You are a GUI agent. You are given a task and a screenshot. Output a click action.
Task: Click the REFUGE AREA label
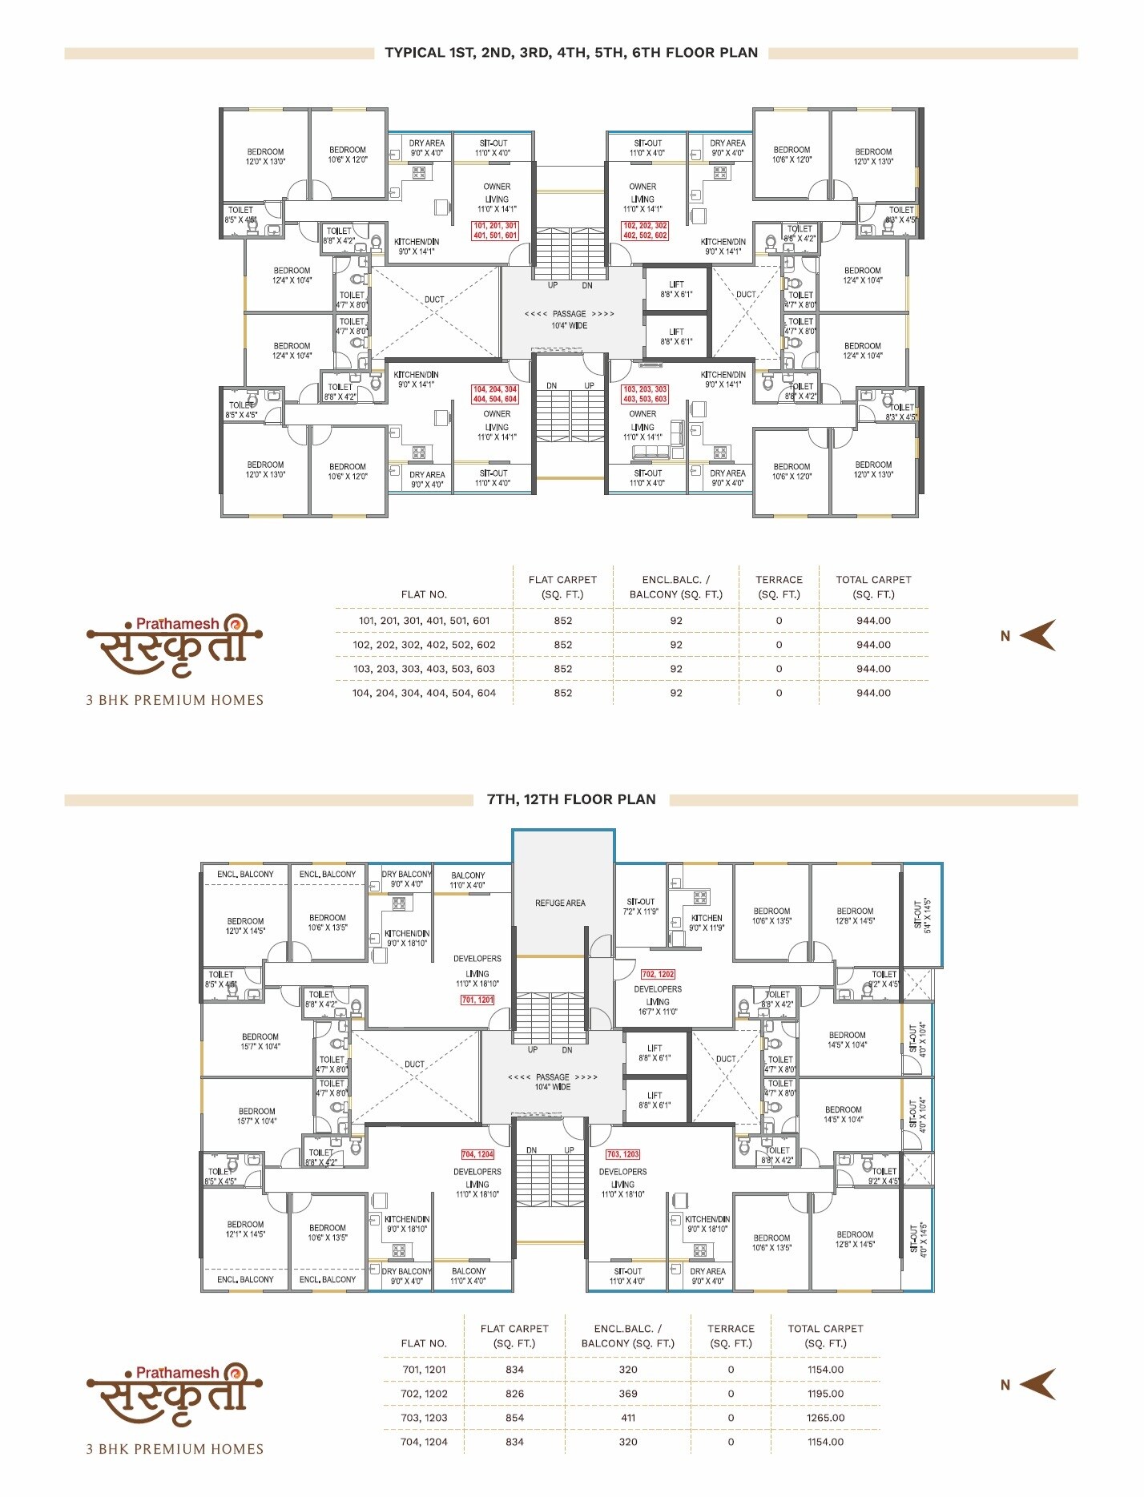560,903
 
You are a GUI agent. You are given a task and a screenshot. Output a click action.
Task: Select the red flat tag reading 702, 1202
658,974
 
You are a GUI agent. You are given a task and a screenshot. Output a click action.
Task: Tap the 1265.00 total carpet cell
825,1418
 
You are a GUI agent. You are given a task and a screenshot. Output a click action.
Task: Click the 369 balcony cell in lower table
628,1394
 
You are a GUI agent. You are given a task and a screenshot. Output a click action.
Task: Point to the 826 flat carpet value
514,1394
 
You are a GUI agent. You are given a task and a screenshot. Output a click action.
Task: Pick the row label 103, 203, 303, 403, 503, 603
424,669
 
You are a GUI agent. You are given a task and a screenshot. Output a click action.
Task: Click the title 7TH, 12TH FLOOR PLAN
571,799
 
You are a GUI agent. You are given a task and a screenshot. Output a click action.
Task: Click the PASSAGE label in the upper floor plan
569,314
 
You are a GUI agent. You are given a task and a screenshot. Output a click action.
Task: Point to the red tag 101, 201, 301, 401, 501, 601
495,231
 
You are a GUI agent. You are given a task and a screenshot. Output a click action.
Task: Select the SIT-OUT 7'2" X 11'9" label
640,907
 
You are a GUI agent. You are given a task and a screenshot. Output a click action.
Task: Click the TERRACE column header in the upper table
779,586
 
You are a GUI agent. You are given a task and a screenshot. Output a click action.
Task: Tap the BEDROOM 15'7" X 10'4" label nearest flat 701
260,1041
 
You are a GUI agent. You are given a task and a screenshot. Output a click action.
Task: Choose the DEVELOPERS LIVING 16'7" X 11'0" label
658,1000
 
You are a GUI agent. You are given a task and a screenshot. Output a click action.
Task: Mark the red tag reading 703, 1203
622,1154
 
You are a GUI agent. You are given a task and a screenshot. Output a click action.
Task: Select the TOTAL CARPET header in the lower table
825,1335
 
